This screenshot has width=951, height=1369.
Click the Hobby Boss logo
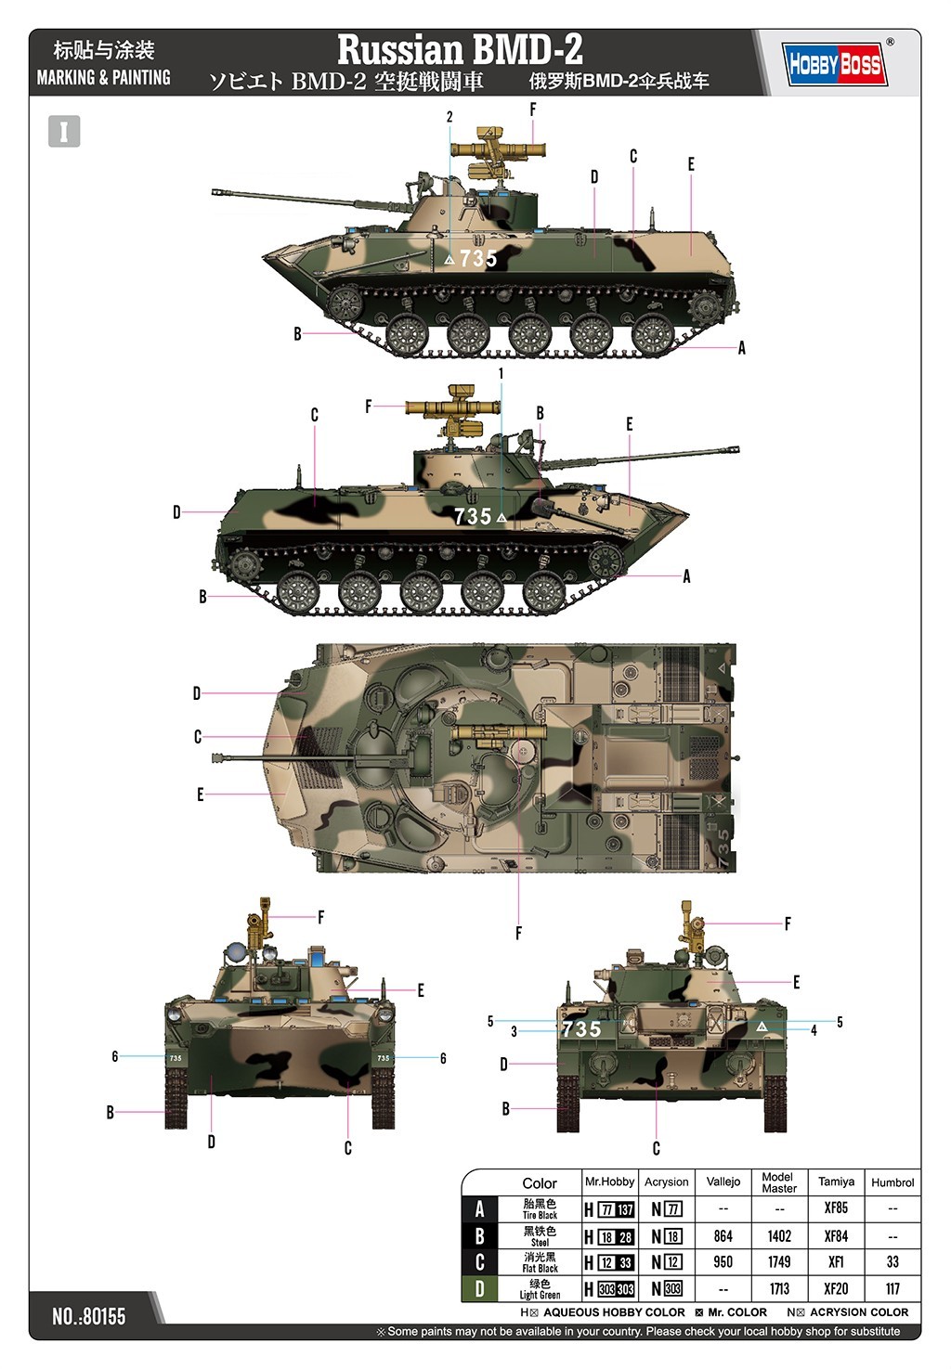point(834,64)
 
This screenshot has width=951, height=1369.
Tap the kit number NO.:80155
point(89,1316)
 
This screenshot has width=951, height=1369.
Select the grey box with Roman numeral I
point(64,132)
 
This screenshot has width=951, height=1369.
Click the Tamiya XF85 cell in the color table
point(836,1208)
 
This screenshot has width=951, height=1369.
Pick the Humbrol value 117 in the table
point(892,1288)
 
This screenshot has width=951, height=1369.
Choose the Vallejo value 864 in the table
point(723,1236)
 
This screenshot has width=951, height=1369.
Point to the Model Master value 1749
point(779,1262)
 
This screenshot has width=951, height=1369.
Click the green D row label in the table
point(479,1288)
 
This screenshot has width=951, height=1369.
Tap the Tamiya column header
point(836,1182)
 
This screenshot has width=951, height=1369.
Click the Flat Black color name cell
point(540,1262)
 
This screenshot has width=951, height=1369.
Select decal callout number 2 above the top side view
point(449,117)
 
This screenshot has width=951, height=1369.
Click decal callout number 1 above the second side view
point(502,373)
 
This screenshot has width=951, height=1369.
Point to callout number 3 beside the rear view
point(514,1031)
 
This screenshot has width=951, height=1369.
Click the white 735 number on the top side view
point(478,259)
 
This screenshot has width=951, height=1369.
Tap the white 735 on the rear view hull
point(581,1028)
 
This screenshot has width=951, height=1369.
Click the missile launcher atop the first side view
point(497,149)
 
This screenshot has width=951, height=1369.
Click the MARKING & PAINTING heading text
point(103,78)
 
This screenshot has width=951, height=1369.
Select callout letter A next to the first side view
point(742,348)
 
